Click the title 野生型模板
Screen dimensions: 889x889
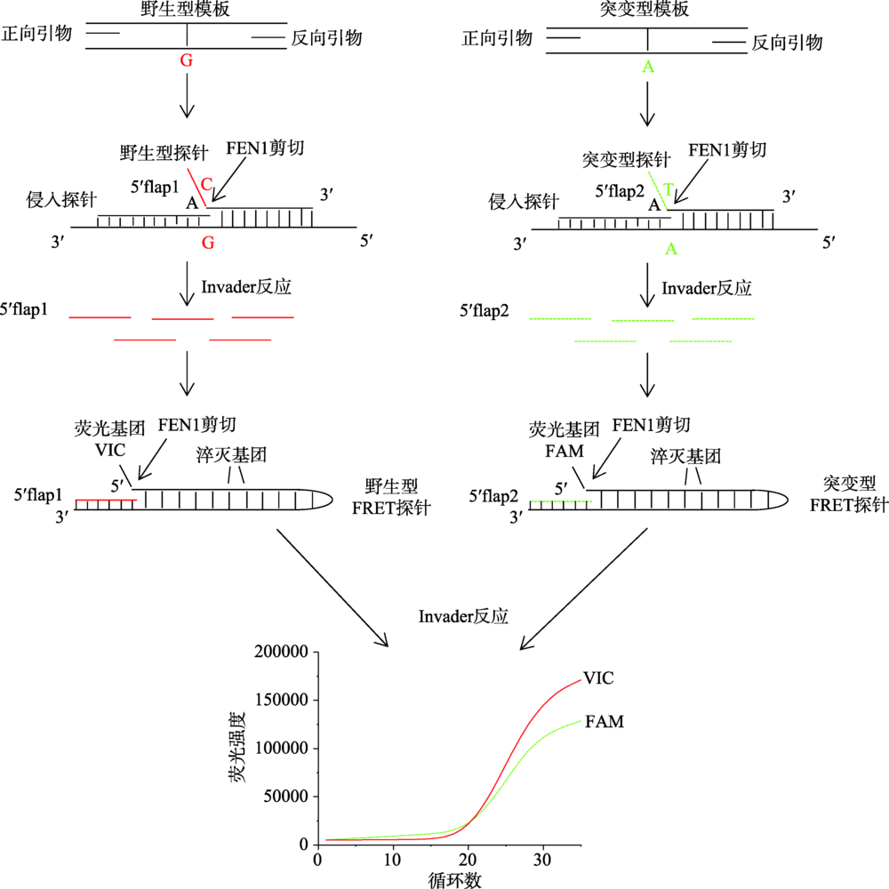click(186, 9)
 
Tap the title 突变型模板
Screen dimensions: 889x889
click(645, 9)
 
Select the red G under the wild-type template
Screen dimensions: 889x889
click(187, 60)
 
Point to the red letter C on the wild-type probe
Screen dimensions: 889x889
click(206, 184)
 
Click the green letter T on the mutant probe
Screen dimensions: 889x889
click(669, 188)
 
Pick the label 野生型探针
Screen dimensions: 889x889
click(164, 153)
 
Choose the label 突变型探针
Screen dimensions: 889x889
click(627, 159)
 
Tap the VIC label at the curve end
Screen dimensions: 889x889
click(598, 678)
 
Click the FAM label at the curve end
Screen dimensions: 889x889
click(605, 721)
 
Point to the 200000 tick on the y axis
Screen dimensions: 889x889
click(282, 652)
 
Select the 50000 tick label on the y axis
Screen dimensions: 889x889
click(286, 796)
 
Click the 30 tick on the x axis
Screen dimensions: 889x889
click(542, 860)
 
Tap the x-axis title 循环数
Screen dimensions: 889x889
click(454, 879)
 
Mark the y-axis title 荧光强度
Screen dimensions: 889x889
click(237, 748)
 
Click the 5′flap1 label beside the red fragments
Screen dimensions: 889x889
click(24, 309)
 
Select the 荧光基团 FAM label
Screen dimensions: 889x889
click(565, 440)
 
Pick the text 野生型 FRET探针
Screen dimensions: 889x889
click(391, 497)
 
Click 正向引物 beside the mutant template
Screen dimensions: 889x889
click(497, 38)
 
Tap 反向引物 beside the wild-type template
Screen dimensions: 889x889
click(326, 38)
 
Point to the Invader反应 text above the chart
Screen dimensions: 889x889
click(463, 616)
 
